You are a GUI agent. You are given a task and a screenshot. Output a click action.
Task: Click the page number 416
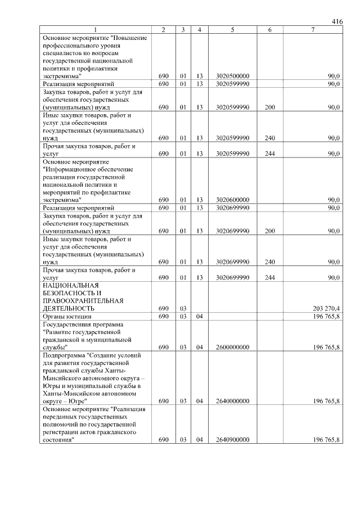pos(337,21)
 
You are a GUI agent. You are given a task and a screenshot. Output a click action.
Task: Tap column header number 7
pos(312,30)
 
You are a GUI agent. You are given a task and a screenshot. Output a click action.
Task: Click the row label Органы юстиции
pos(66,317)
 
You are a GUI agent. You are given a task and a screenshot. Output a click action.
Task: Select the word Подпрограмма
pos(64,355)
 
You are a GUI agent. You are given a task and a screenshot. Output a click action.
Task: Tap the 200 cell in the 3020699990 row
pos(269,231)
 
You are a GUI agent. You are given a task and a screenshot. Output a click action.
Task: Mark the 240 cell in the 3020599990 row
pos(269,138)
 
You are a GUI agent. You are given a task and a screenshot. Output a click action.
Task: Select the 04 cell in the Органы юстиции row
pos(199,317)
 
